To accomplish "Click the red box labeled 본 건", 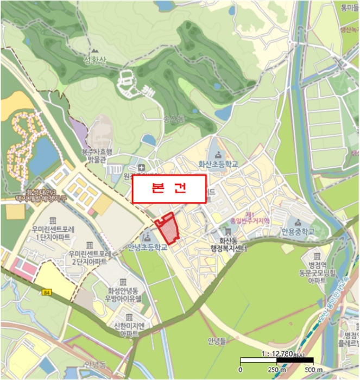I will coord(169,189).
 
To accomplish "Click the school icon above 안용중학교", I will coord(297,224).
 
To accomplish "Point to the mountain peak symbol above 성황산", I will coord(100,49).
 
